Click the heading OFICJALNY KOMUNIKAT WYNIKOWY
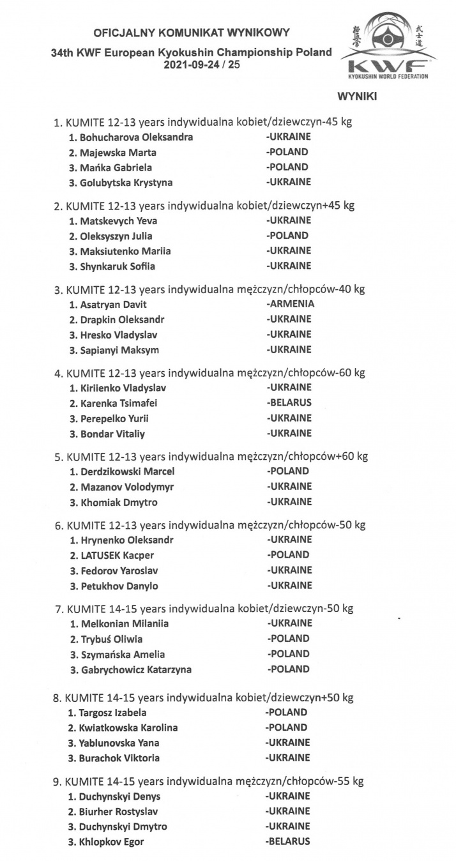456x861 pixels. (192, 31)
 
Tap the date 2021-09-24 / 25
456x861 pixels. (202, 65)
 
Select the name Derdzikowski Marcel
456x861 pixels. (122, 471)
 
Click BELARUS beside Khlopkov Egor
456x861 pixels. (288, 842)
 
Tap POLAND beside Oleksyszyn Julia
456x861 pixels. (288, 236)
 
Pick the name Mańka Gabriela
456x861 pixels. (109, 167)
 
